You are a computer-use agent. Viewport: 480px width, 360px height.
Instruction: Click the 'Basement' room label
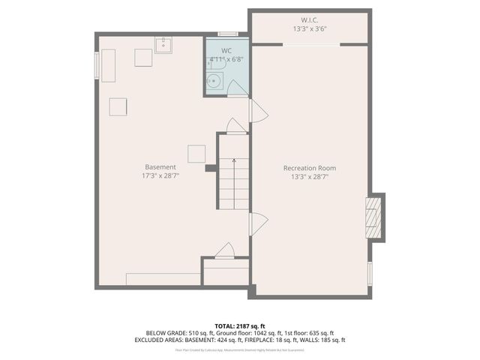point(160,166)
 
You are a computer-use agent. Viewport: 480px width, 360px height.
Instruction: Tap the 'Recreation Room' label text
point(309,167)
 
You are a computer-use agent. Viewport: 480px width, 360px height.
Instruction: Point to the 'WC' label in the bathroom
point(226,49)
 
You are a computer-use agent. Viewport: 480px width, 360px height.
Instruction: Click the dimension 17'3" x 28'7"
point(160,175)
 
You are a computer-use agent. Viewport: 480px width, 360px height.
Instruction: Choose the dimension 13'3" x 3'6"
point(309,29)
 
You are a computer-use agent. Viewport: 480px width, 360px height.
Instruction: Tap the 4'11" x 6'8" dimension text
point(226,58)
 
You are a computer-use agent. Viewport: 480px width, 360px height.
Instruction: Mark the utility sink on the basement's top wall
point(164,45)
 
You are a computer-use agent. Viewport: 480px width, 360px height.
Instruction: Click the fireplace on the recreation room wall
point(373,217)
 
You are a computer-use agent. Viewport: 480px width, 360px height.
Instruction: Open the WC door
point(237,88)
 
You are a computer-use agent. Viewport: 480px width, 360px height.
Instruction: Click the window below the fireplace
point(370,271)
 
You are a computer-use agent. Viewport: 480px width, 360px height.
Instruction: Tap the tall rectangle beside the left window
point(108,65)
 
